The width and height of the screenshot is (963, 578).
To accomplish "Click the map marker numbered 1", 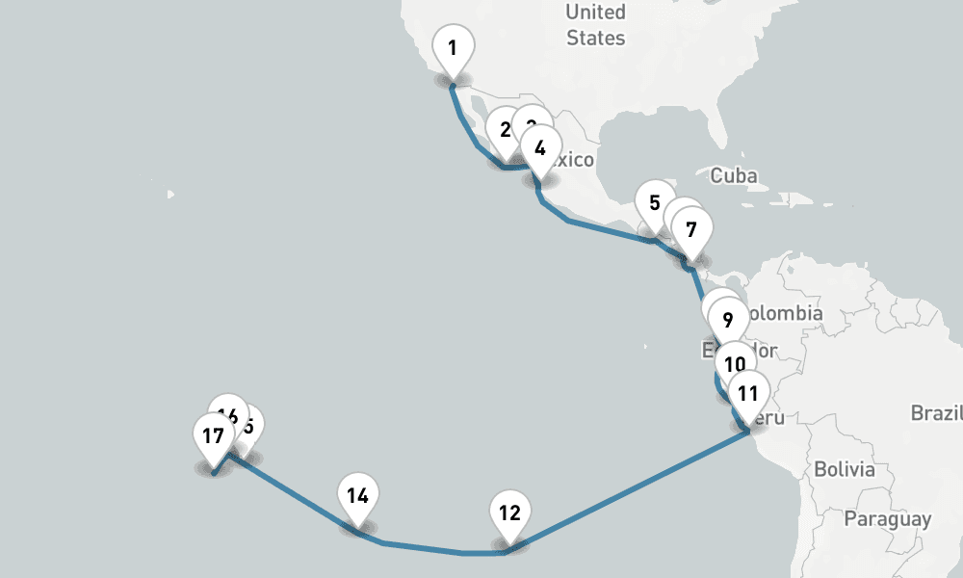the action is [453, 46].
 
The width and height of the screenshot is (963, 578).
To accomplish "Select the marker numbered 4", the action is [540, 148].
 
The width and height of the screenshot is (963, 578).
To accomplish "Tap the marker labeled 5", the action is [655, 203].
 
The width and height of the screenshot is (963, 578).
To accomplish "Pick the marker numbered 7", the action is [690, 230].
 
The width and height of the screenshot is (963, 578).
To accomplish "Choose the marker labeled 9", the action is [727, 319].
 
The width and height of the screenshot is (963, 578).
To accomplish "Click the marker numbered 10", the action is [735, 365].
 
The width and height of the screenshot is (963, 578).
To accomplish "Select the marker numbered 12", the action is [510, 512].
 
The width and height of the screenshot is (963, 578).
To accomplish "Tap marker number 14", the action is [358, 496].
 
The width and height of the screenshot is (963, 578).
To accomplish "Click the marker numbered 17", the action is [213, 435].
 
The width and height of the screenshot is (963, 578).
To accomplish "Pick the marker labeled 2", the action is [502, 128].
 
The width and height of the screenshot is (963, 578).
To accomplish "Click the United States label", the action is [595, 25].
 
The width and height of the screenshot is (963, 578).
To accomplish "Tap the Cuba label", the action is [733, 175].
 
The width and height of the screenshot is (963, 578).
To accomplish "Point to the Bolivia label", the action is [845, 470].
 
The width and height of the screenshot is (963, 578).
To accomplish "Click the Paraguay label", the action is [887, 519].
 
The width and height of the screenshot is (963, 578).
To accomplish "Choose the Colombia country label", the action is [785, 313].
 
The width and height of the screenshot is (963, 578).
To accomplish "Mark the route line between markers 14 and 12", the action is [424, 549].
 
